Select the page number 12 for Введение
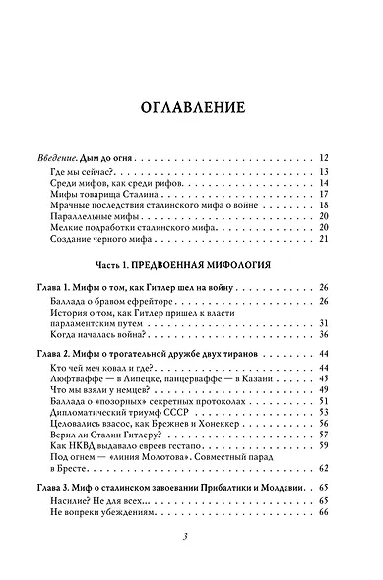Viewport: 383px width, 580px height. click(323, 158)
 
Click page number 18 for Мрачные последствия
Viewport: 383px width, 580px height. click(323, 205)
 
